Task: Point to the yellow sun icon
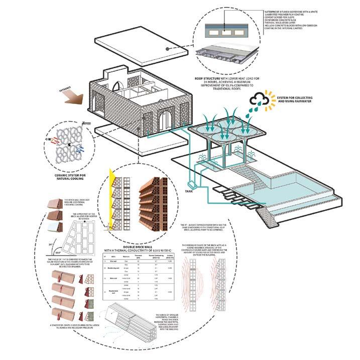pos(273,97)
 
